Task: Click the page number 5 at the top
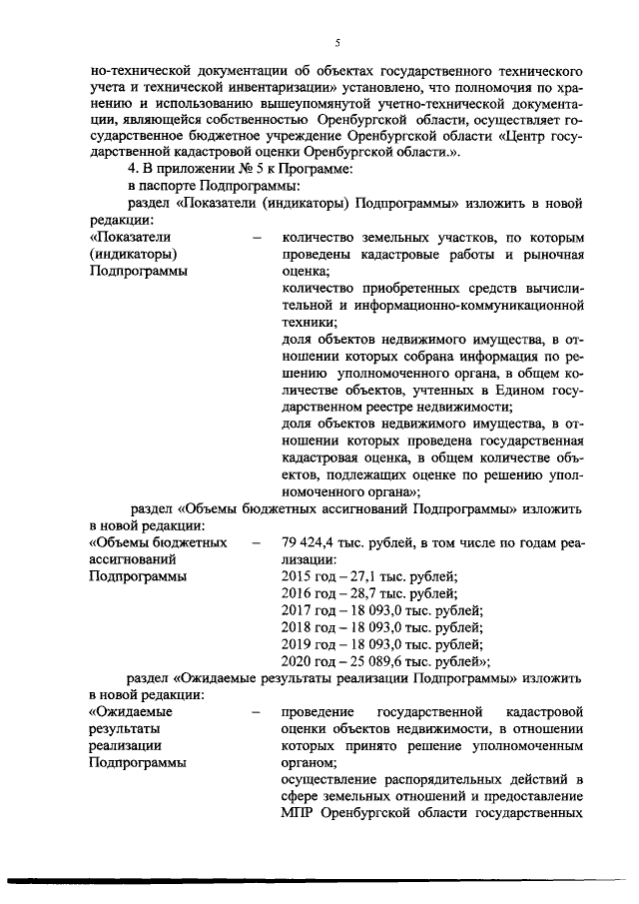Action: pyautogui.click(x=337, y=42)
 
